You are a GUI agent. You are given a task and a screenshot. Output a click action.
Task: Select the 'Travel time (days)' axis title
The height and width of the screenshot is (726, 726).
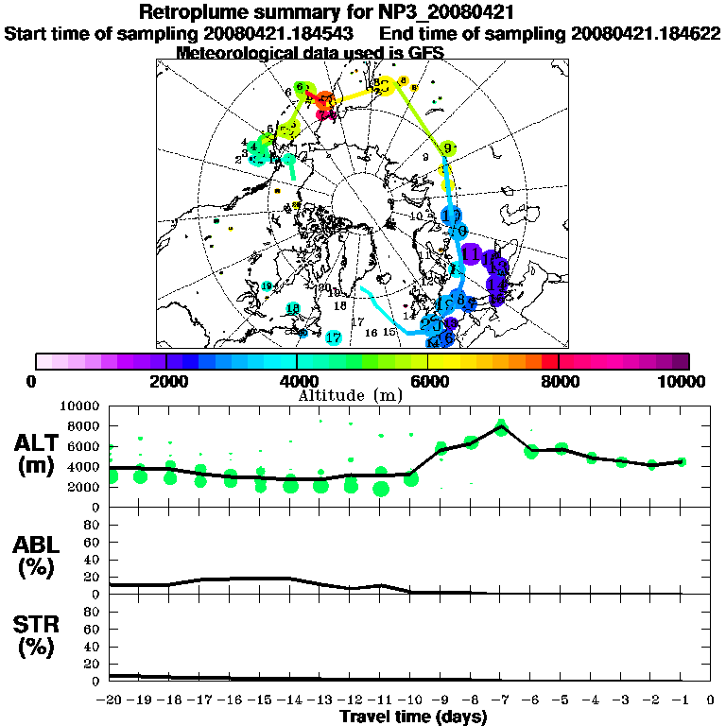click(414, 717)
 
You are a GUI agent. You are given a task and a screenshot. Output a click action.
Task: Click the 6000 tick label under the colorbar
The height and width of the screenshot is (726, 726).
click(428, 381)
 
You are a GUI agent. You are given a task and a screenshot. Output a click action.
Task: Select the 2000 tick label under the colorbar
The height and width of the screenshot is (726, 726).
click(166, 381)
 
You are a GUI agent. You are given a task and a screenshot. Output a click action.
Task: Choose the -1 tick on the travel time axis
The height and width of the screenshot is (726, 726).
click(681, 700)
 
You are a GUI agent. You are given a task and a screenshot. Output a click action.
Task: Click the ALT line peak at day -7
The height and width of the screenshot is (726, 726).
click(501, 426)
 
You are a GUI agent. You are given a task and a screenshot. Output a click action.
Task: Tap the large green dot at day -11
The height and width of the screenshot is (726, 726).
click(381, 488)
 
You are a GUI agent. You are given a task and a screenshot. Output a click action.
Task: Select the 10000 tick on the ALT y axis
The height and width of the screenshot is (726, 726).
click(82, 406)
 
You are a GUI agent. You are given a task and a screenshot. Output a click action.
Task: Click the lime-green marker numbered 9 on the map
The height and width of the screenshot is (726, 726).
click(448, 148)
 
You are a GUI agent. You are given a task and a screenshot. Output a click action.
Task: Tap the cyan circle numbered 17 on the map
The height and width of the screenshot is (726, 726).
click(333, 337)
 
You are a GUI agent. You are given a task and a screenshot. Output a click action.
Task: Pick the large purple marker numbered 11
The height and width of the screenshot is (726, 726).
click(470, 252)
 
